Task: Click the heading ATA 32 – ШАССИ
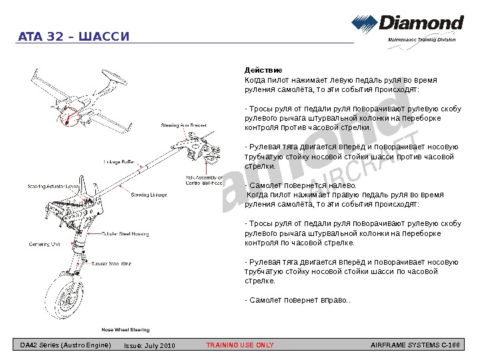tap(73, 35)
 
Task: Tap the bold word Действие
tap(263, 70)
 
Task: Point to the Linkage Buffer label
tap(119, 161)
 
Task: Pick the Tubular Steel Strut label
tap(111, 264)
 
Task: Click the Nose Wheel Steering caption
tap(125, 330)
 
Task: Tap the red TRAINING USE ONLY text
tap(240, 345)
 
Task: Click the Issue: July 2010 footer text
tap(149, 345)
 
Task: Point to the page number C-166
tap(451, 345)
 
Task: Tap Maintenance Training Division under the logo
tap(422, 40)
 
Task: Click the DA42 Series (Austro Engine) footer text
tap(65, 345)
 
